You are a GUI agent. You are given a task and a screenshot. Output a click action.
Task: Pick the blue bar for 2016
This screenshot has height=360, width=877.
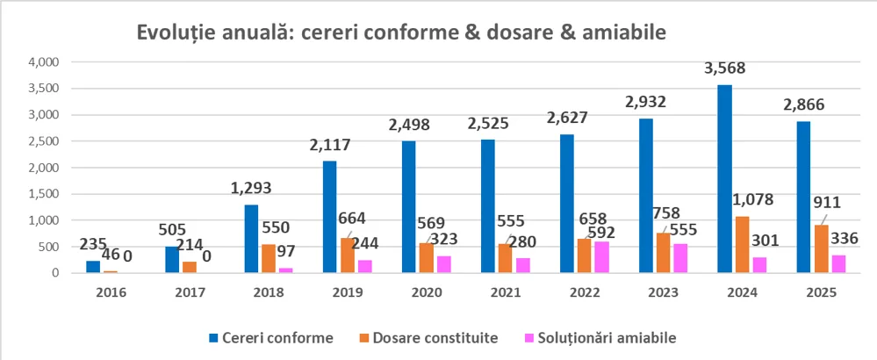(93, 267)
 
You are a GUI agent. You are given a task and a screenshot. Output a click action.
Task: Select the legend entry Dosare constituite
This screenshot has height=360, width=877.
(424, 336)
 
